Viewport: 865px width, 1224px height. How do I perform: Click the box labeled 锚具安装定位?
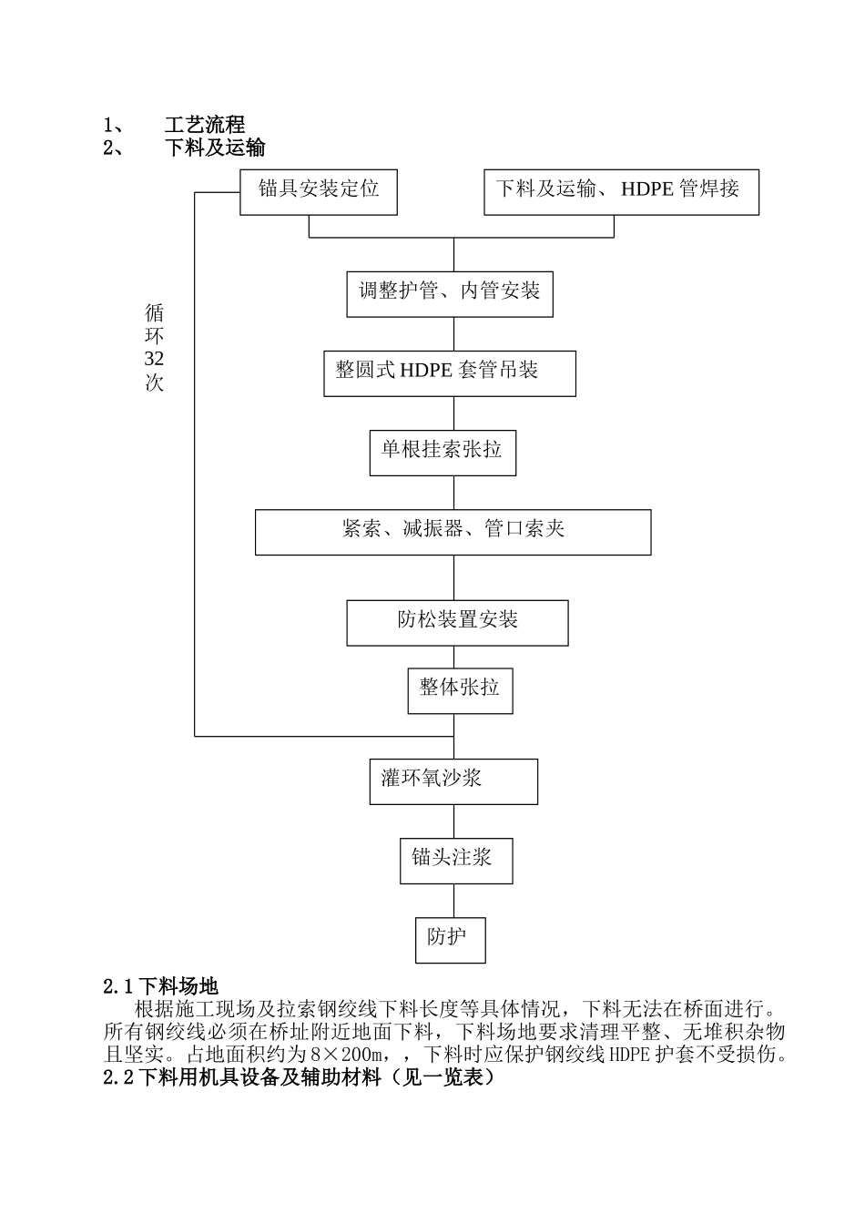[318, 191]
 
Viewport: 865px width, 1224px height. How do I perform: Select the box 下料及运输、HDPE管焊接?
[620, 191]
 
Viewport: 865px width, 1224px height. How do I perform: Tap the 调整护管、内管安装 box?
[449, 292]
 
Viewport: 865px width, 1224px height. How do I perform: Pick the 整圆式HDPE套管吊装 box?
[449, 372]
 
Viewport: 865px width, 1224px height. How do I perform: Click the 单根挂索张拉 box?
[443, 452]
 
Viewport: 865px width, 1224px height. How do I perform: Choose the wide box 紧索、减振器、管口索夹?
[453, 532]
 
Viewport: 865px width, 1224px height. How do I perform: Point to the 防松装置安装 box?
[457, 623]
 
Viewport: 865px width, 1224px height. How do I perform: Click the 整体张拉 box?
[459, 690]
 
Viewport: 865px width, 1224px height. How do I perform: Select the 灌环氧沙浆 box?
[453, 781]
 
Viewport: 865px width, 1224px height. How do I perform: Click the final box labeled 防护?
[450, 939]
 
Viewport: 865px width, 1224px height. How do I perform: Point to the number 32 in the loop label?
[154, 360]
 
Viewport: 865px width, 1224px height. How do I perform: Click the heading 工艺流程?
[205, 126]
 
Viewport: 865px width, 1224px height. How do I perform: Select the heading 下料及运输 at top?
[215, 148]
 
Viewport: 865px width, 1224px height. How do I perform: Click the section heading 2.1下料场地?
[161, 986]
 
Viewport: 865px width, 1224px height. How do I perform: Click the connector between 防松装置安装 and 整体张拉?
[453, 657]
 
